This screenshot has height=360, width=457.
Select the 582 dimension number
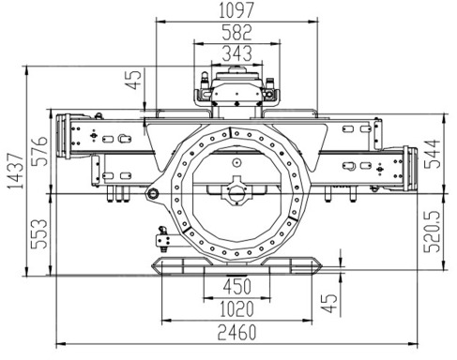click(237, 31)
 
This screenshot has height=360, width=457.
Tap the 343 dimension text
click(236, 53)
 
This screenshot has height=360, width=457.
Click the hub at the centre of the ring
click(236, 193)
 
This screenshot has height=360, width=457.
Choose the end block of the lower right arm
click(410, 169)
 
